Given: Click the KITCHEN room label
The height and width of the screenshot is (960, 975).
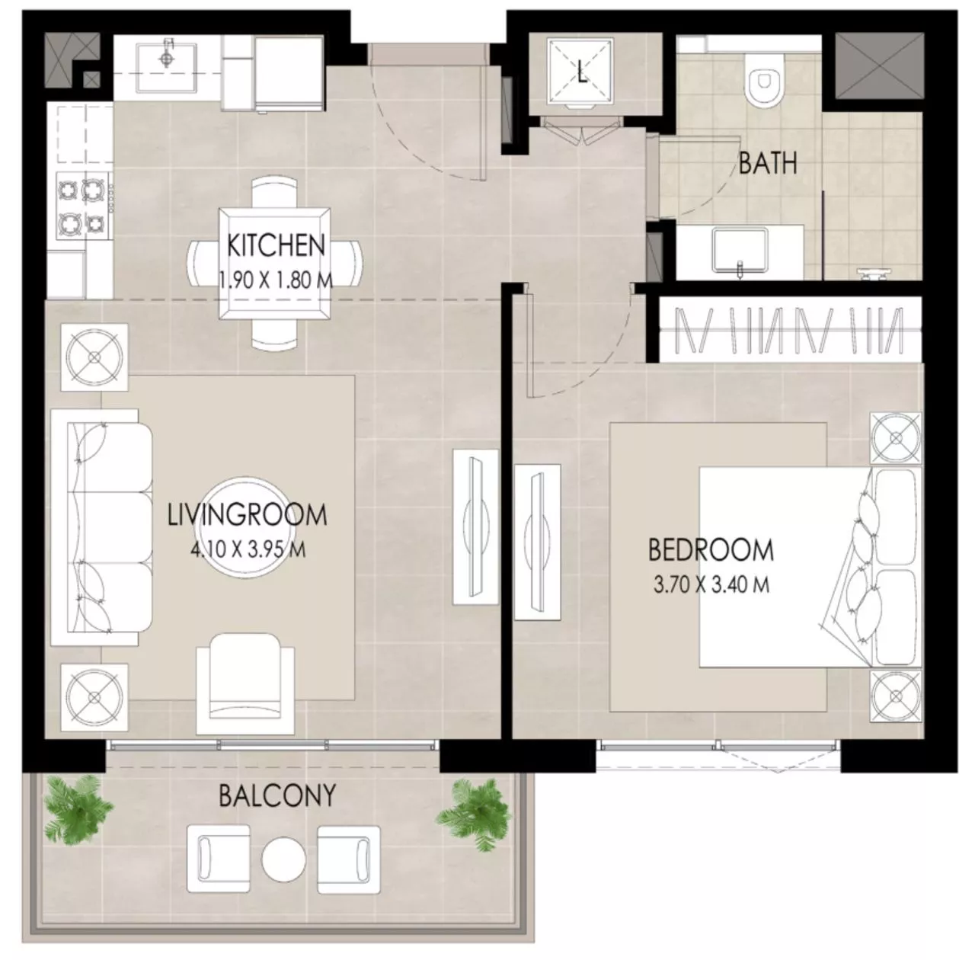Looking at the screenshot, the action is (276, 245).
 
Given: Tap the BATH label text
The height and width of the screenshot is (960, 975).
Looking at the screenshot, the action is (768, 163).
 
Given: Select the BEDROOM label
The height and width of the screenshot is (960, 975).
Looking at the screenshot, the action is (711, 550).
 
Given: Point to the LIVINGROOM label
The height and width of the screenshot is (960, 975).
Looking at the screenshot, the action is (247, 515).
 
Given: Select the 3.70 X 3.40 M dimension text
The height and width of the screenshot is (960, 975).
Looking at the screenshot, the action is (711, 585).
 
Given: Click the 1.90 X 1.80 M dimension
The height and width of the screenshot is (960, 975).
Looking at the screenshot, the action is (277, 280).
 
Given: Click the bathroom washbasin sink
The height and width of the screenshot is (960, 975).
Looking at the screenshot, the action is (740, 251).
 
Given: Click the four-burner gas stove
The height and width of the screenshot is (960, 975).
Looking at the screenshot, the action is (82, 206).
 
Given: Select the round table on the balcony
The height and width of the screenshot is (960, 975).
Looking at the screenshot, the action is (283, 859).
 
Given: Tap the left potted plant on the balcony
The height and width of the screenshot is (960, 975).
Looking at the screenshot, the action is (78, 808).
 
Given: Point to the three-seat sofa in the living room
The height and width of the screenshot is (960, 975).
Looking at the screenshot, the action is (101, 527).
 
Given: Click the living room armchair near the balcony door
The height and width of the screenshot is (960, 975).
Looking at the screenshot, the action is (245, 683).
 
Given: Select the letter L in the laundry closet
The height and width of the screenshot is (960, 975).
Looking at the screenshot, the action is (582, 73).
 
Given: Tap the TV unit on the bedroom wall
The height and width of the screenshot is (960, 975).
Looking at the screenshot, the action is (537, 542).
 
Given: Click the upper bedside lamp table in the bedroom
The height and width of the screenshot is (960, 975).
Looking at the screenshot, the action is (896, 439).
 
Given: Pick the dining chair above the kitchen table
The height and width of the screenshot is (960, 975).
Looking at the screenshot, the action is (273, 193).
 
